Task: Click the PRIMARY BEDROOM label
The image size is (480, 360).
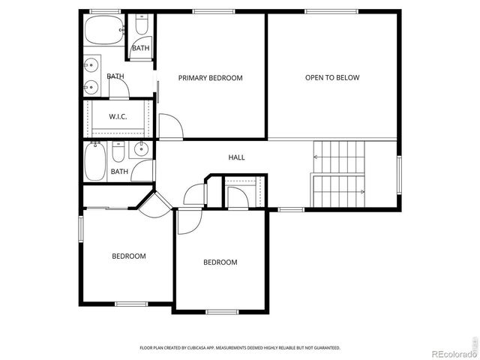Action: coord(210,78)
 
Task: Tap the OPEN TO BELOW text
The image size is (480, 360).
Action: coord(332,78)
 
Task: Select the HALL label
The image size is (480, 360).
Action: coord(236,157)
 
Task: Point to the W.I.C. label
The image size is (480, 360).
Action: coord(118,116)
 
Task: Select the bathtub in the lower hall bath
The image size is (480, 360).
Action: coord(95,163)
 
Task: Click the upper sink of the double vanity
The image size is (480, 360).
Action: coord(91,65)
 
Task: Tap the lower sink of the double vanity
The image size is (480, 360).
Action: coord(91,85)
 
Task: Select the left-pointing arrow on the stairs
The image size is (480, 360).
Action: coord(318,157)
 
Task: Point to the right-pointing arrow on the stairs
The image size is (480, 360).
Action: coord(362,193)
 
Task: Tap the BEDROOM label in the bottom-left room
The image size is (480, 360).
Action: coord(129,256)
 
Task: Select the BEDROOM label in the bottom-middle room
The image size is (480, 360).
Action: coord(220,262)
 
